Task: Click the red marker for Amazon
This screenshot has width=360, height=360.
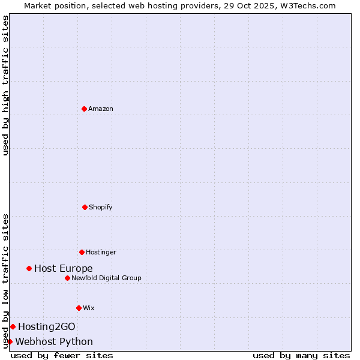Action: point(84,109)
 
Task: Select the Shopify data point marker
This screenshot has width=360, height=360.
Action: point(85,207)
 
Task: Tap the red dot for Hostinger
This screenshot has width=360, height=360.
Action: point(82,252)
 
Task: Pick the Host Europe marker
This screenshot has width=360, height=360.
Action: point(29,268)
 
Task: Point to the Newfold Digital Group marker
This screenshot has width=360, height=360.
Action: point(67,278)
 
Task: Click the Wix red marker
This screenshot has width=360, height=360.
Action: point(79,308)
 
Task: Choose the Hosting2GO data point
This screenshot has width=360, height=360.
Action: point(13,326)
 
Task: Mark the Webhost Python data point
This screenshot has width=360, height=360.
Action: point(10,341)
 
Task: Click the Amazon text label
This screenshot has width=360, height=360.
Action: point(101,109)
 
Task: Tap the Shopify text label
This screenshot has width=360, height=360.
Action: point(101,207)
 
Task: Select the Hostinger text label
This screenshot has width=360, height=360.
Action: point(101,252)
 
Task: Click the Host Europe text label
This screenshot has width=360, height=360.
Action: point(64,268)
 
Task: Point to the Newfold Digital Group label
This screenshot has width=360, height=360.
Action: point(106,278)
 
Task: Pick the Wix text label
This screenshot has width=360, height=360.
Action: point(89,308)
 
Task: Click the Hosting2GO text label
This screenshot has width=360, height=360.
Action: point(47,326)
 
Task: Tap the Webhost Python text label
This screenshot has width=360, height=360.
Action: point(54,341)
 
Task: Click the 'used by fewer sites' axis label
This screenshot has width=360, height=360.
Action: point(62,355)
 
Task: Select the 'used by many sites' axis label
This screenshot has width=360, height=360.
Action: point(301,355)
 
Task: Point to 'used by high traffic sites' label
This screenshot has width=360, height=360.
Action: point(5,85)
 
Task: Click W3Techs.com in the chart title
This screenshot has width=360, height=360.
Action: point(305,5)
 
